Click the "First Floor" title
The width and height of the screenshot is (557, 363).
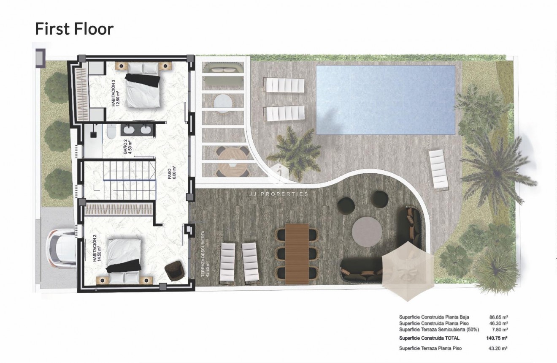(x=74, y=29)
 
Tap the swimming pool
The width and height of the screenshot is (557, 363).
(x=385, y=100)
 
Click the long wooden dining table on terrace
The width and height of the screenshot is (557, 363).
(x=297, y=254)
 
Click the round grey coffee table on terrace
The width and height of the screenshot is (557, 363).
(x=366, y=232)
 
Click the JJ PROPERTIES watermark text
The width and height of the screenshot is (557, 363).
(x=278, y=194)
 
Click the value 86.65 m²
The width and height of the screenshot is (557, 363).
(x=498, y=317)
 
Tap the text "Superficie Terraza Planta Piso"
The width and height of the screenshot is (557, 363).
(x=430, y=349)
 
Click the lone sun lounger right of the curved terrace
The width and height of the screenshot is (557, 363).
(x=438, y=169)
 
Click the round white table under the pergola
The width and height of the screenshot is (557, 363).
(x=222, y=102)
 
